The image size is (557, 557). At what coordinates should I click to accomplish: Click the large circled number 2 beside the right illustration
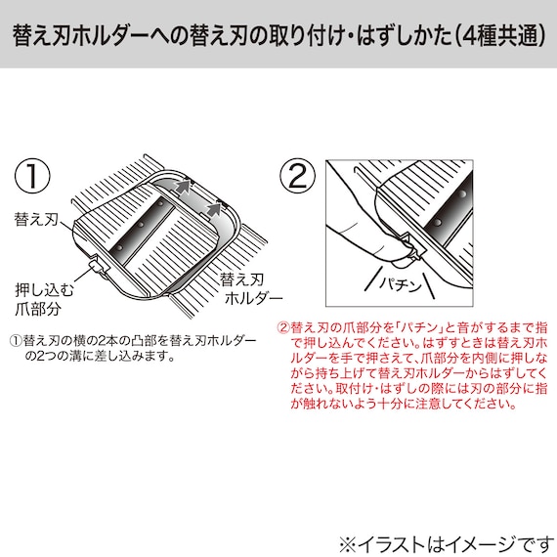[x=297, y=176]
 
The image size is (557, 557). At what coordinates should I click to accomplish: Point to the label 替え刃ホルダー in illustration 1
[x=250, y=287]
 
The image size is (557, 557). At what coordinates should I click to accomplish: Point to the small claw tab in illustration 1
[x=98, y=265]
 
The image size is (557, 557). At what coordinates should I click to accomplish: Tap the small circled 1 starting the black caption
[x=16, y=340]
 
